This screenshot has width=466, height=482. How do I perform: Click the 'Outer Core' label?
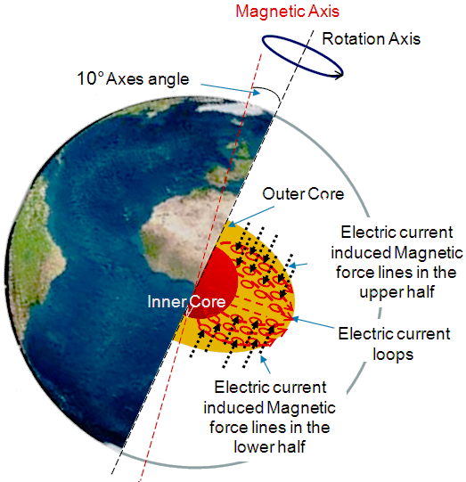click(302, 194)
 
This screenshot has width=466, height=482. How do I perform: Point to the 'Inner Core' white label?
click(176, 298)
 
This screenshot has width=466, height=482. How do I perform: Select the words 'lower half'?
click(271, 447)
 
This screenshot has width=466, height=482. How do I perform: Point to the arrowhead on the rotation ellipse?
click(339, 75)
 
